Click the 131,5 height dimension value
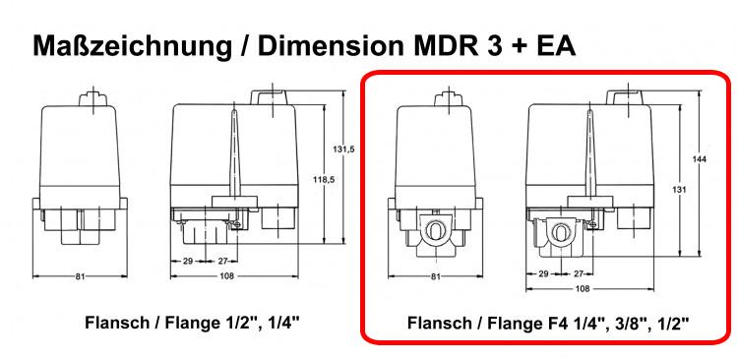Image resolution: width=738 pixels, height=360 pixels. (x=339, y=150)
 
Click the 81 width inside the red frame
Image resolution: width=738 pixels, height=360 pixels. (x=435, y=276)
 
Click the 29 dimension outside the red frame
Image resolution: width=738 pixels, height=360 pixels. (x=188, y=261)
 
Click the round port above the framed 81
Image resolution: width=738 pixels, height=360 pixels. (x=434, y=231)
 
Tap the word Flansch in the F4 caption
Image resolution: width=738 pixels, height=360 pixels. (x=439, y=322)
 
